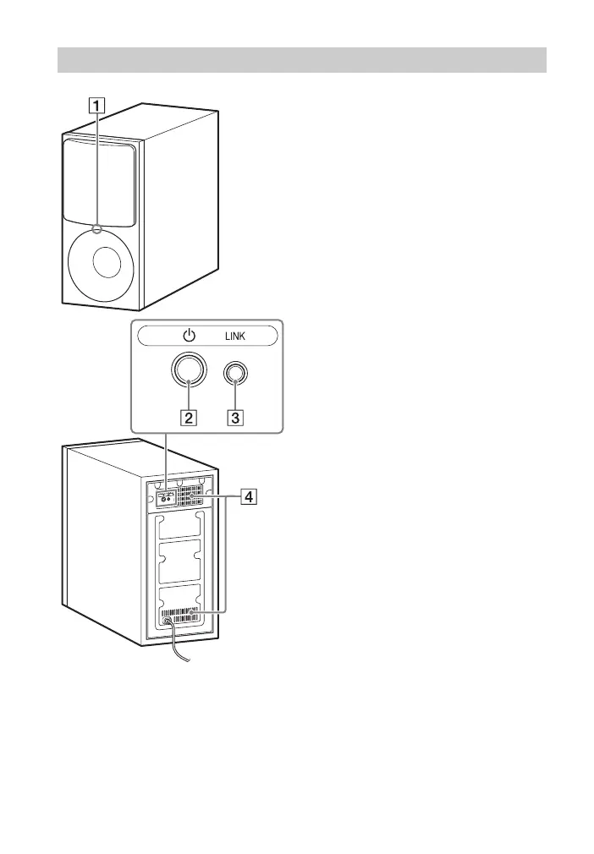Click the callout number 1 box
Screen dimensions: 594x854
100,107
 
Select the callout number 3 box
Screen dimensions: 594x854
241,417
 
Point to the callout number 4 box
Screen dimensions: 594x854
248,498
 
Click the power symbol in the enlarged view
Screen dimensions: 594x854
189,336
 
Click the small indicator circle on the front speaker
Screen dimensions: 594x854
99,227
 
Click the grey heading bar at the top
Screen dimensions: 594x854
302,60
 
